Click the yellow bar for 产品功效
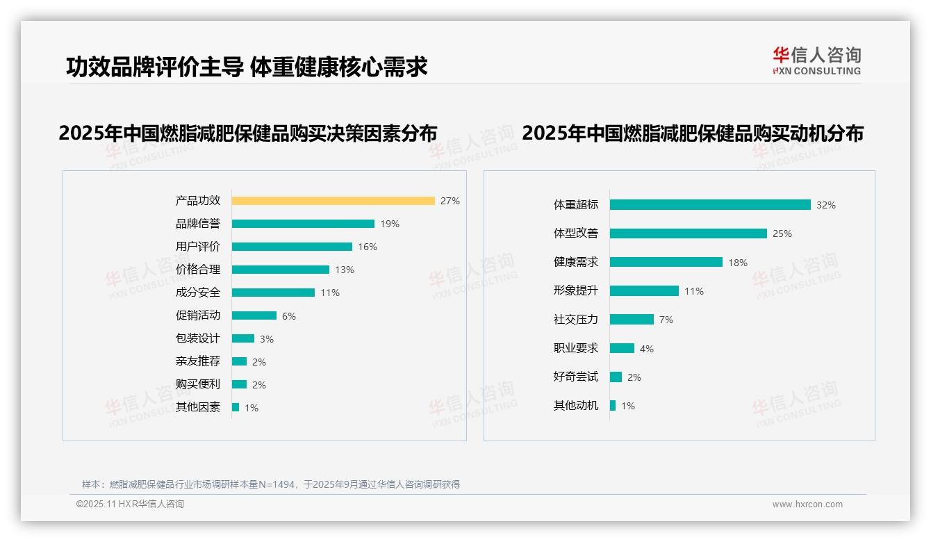(x=333, y=201)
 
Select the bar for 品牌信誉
(x=303, y=224)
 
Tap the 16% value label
(x=368, y=247)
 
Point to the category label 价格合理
(x=198, y=270)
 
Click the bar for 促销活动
(x=254, y=315)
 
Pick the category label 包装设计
(x=198, y=338)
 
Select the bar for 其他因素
(x=236, y=407)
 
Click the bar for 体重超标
(x=710, y=205)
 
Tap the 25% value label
(x=782, y=233)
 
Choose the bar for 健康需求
(x=666, y=262)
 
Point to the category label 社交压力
(x=575, y=320)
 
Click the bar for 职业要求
(x=622, y=348)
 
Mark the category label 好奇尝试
(x=575, y=377)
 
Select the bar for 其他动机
(x=613, y=406)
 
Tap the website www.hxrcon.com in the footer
(x=807, y=504)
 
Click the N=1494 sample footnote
(x=271, y=484)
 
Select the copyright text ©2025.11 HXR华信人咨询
(x=130, y=504)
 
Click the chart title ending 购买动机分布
(x=692, y=133)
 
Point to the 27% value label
(x=450, y=201)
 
